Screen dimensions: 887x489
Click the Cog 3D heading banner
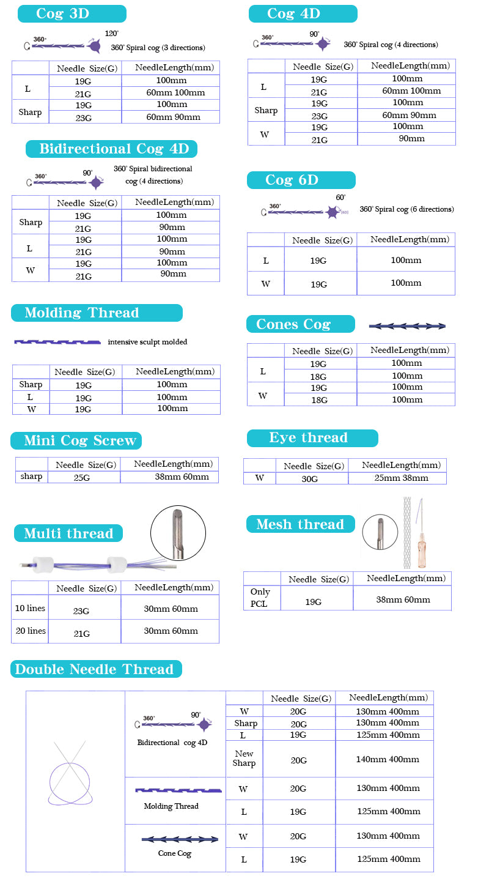72,13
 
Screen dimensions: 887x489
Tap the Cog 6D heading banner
301,180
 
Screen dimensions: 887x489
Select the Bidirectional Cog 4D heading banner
111,149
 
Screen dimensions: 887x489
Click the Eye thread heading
312,438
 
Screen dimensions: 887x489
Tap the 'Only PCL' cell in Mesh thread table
260,598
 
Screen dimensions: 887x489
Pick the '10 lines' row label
30,609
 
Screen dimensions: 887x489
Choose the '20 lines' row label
30,631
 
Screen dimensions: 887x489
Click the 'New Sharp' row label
244,759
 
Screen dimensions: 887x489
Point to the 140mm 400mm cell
388,759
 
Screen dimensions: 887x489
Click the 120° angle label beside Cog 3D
111,33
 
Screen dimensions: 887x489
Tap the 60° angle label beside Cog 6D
340,198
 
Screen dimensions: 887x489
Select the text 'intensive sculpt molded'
147,342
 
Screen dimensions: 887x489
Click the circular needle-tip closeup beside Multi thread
177,533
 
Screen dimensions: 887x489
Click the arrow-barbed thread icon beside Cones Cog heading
407,326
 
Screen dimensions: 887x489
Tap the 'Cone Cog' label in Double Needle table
175,853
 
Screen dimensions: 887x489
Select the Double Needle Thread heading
95,669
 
